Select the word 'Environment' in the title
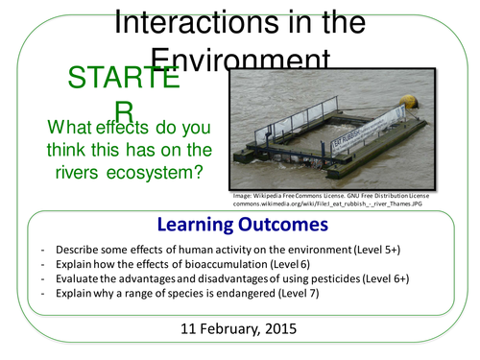(241, 60)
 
